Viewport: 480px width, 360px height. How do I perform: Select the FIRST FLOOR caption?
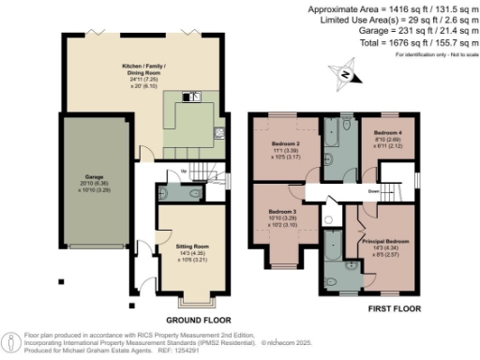point(393,307)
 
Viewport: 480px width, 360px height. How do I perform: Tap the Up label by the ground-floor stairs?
point(185,169)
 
